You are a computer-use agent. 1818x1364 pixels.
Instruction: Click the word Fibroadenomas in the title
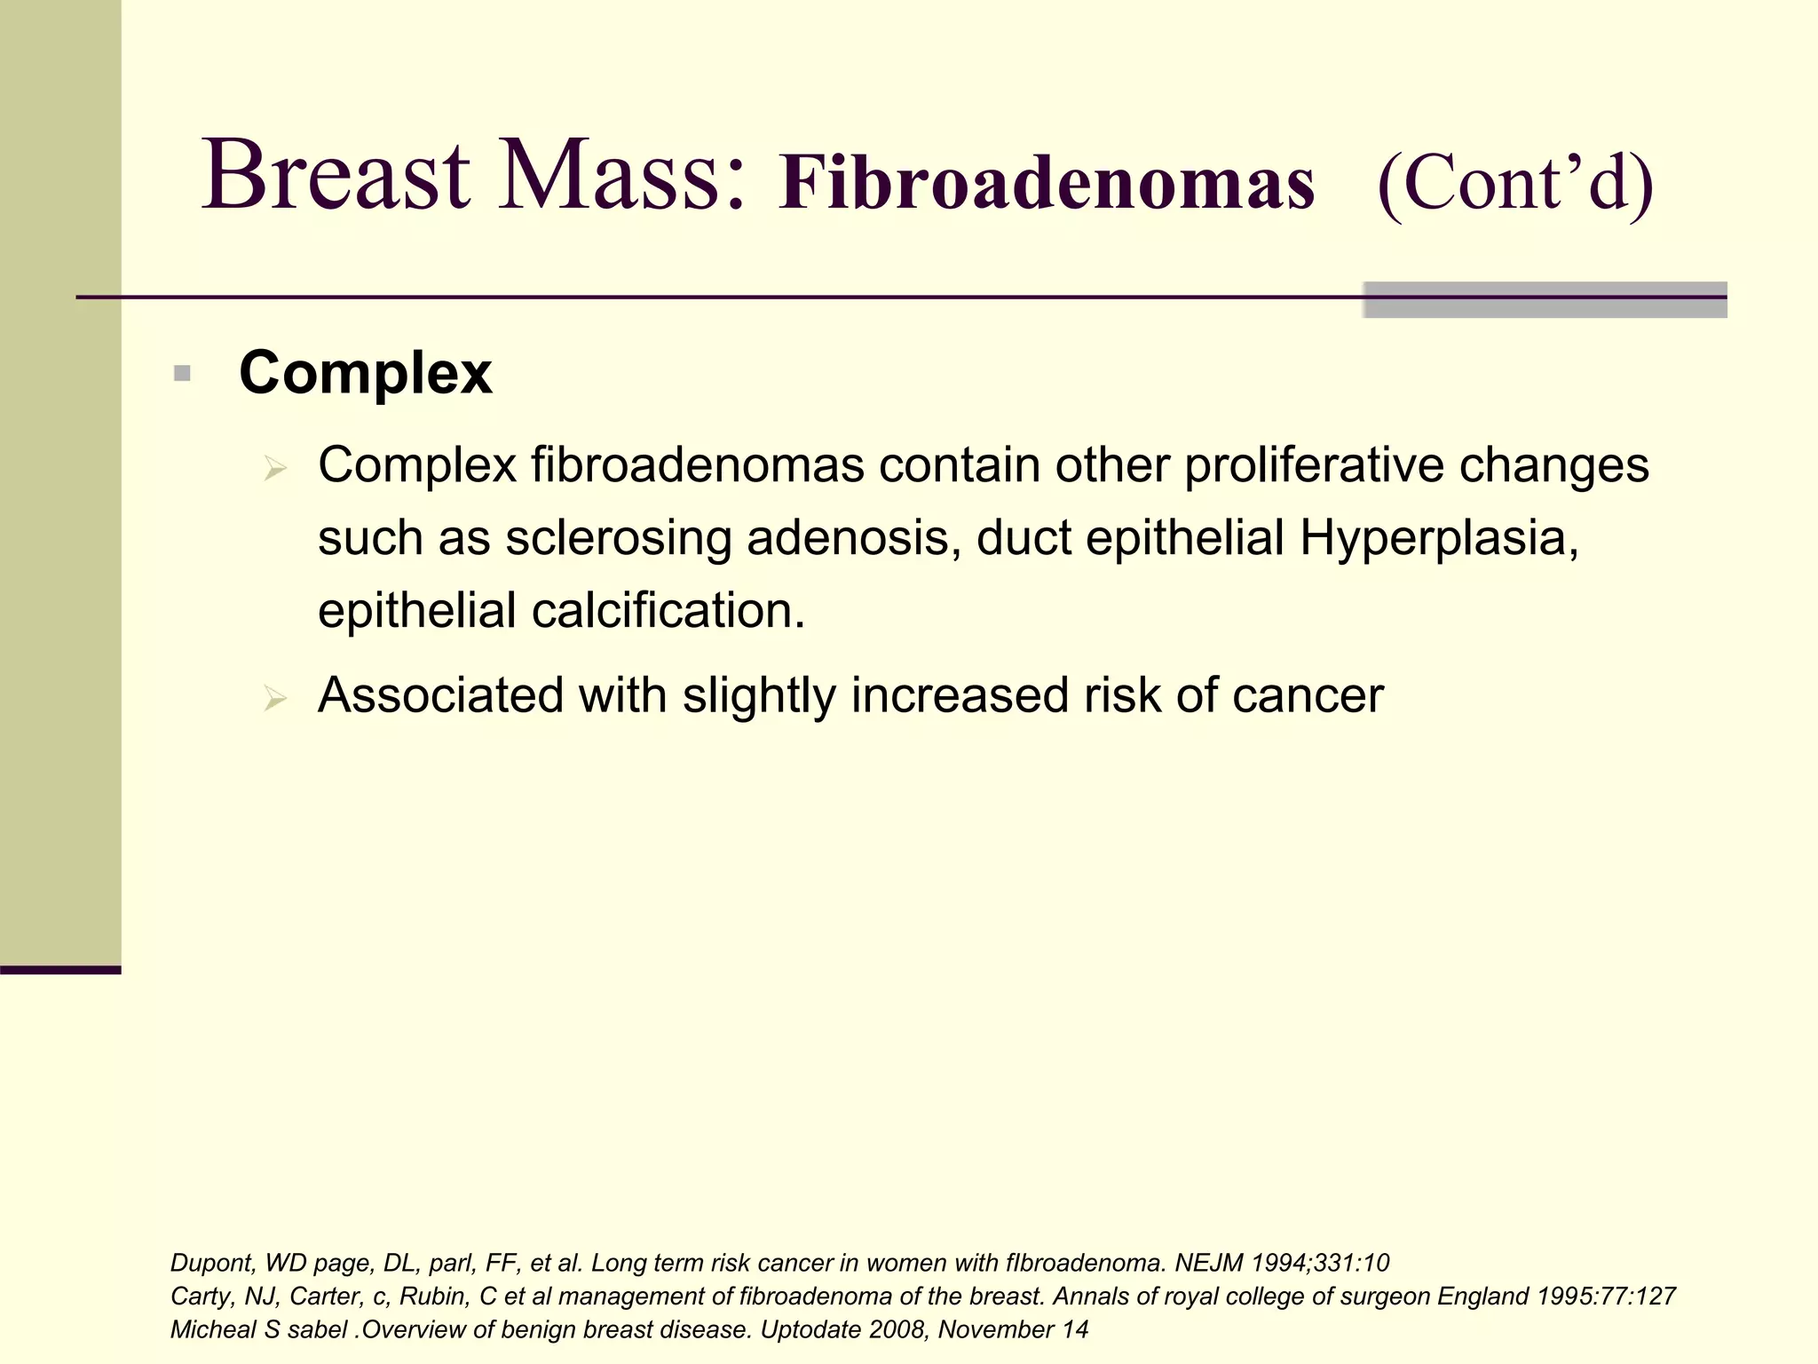tap(1046, 183)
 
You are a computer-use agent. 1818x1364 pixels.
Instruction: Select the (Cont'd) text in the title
tap(1514, 183)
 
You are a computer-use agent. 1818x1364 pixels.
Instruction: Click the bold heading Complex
tap(365, 372)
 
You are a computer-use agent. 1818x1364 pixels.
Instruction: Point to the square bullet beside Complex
tap(182, 374)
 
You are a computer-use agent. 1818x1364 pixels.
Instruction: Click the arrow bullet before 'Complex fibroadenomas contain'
tap(275, 468)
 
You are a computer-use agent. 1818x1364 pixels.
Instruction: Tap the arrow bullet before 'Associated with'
tap(275, 699)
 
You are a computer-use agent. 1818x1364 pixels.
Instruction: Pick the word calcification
tap(668, 611)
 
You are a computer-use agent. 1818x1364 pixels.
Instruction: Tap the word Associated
tap(440, 695)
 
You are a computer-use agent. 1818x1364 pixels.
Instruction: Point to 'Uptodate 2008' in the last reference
tap(842, 1330)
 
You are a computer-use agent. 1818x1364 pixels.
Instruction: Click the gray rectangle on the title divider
tap(1545, 300)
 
